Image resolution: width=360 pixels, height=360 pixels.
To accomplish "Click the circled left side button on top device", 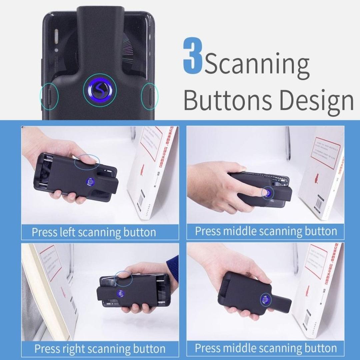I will [x=49, y=96].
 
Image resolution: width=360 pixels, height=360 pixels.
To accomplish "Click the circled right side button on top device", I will [x=149, y=96].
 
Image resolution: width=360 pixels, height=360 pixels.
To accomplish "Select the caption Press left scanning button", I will [x=94, y=232].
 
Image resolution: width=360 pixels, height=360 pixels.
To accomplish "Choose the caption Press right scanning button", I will [x=100, y=349].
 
